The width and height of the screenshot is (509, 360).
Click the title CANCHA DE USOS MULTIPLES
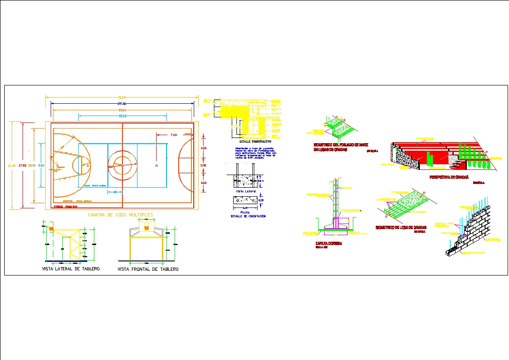(121, 215)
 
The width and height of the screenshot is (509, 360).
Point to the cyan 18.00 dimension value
(122, 115)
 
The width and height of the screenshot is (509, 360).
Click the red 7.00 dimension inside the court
(174, 135)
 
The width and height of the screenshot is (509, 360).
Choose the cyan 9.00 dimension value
(41, 165)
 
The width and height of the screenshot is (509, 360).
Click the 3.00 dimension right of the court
(203, 165)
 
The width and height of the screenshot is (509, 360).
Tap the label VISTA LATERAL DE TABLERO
(71, 269)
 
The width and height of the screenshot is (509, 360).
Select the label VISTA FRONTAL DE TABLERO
(148, 269)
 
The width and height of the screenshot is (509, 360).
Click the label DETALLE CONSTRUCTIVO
(255, 141)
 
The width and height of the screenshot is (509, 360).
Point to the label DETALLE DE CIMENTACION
(248, 216)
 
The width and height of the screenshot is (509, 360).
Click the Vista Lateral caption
(246, 191)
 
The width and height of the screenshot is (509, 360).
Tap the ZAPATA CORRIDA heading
(328, 244)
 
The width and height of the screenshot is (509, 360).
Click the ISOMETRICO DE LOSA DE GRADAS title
(401, 227)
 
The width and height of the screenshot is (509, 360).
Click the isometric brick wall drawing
(469, 232)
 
